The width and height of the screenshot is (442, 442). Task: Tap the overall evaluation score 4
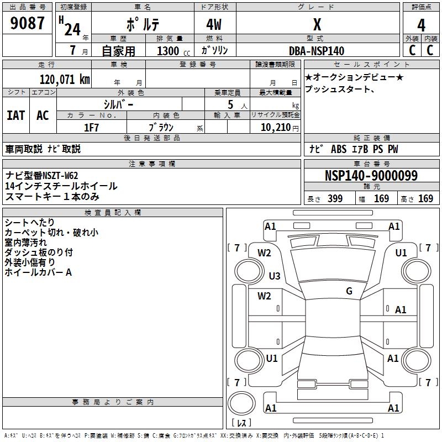point(422,25)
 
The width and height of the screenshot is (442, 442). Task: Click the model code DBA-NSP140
point(317,51)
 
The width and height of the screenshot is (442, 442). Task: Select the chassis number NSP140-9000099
point(371,176)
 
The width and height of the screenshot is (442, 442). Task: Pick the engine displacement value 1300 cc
point(168,51)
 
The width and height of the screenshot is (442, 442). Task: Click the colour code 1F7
point(91,127)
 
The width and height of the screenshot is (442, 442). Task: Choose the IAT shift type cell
point(15,115)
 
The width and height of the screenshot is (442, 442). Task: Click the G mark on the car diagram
point(349,291)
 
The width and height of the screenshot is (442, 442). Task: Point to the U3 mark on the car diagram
point(275,276)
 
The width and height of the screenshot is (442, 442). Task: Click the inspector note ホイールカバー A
point(38,272)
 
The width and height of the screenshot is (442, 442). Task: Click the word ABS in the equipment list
point(339,149)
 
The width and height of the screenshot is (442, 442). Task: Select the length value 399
point(335,199)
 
